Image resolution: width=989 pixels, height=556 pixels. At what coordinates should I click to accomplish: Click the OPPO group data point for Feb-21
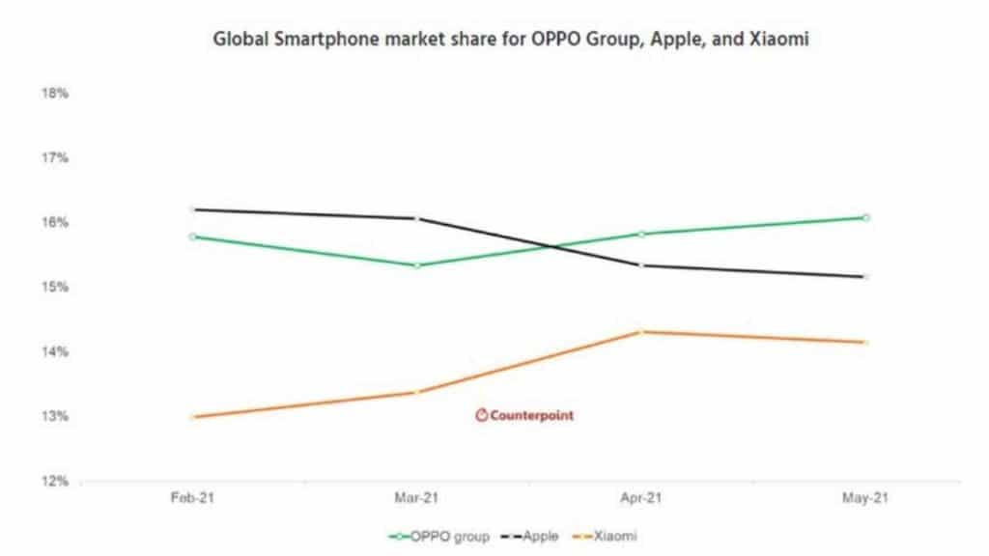click(193, 236)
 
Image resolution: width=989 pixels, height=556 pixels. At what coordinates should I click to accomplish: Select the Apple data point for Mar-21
click(416, 218)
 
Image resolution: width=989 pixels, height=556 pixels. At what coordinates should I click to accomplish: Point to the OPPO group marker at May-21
click(866, 217)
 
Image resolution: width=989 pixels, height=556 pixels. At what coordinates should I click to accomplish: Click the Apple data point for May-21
click(866, 277)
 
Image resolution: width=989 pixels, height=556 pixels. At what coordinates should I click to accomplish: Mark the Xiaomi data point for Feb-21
click(193, 417)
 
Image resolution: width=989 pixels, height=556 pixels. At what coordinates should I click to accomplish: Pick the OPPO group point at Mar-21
click(416, 265)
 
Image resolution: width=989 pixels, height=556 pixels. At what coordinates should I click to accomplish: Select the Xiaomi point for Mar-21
click(416, 392)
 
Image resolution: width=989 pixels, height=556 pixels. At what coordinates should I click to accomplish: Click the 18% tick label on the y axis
click(54, 94)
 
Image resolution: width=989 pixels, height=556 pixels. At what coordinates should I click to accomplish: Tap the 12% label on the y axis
click(54, 481)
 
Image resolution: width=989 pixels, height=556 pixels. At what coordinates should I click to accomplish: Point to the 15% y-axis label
click(54, 288)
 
